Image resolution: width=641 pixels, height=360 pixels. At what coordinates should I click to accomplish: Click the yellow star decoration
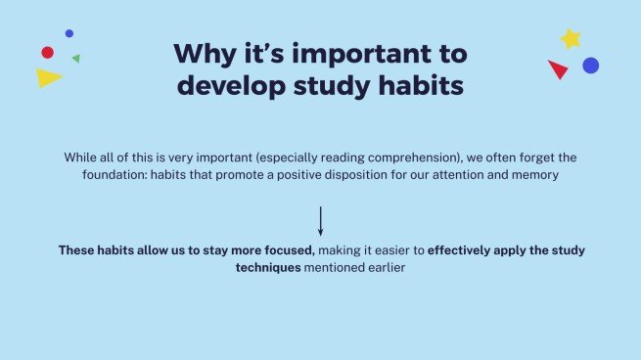571,39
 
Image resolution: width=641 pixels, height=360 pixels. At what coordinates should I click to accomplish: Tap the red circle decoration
47,52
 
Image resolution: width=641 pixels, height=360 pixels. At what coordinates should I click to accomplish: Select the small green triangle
76,59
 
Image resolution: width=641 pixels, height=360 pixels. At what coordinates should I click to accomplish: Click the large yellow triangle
47,77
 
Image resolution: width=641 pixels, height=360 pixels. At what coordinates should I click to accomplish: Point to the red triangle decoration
559,68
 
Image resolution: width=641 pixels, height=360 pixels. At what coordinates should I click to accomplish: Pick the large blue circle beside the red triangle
591,66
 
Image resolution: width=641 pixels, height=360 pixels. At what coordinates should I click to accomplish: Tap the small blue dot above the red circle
69,33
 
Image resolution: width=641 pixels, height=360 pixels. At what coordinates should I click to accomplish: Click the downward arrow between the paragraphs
321,221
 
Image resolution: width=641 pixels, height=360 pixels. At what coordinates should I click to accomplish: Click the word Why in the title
206,54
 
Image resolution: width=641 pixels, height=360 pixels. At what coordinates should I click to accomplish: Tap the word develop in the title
231,86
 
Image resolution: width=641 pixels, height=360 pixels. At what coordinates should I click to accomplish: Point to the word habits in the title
421,85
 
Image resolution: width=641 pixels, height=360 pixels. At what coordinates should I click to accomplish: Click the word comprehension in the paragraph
413,157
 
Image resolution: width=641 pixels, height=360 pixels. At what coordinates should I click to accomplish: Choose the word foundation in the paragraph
114,175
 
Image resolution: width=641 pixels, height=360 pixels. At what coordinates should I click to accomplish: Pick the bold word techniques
268,268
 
